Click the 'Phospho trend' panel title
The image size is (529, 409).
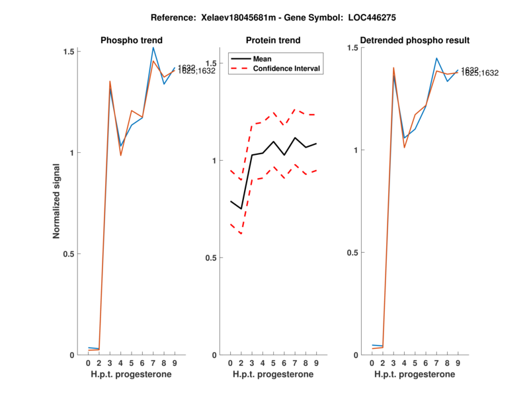[x=131, y=40]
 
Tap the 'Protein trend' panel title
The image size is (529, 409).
[x=273, y=40]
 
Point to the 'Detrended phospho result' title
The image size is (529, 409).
[x=414, y=40]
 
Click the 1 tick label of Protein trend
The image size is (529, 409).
[x=214, y=161]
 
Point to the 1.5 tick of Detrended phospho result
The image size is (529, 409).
[x=354, y=48]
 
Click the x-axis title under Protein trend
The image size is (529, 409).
[x=273, y=375]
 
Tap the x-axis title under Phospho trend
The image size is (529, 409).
[x=131, y=375]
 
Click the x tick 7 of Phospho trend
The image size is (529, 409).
[x=153, y=363]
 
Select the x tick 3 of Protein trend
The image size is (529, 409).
[x=252, y=363]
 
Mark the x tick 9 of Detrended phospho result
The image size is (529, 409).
[x=458, y=363]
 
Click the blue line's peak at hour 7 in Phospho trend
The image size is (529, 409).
[x=153, y=48]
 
